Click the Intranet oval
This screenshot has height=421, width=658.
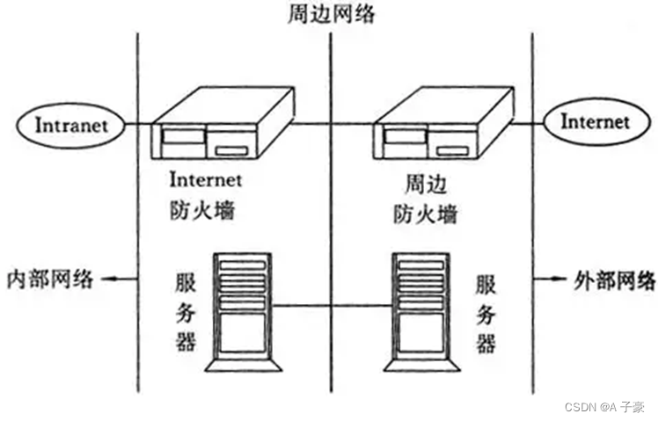click(x=72, y=125)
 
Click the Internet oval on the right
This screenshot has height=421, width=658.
click(x=595, y=121)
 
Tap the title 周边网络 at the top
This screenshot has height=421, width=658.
click(x=329, y=15)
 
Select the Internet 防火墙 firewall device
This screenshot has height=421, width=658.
click(x=222, y=128)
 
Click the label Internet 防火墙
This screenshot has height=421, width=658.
click(x=203, y=196)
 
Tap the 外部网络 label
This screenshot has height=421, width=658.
click(x=615, y=281)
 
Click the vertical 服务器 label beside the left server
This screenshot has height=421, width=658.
click(x=185, y=311)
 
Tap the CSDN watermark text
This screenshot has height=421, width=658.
click(x=604, y=408)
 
